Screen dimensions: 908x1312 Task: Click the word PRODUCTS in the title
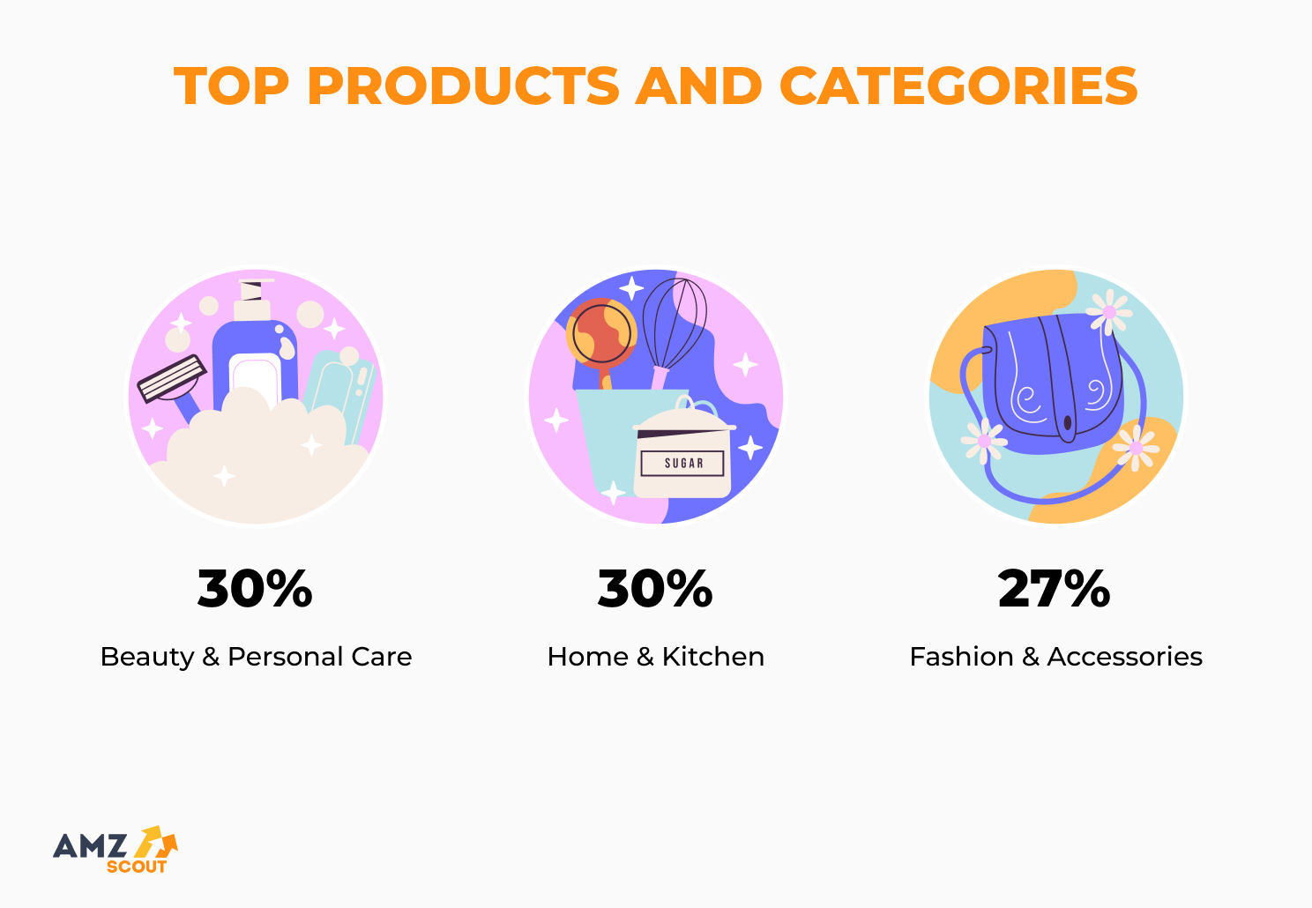463,86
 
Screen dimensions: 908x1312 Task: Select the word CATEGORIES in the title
958,86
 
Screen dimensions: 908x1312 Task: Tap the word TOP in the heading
231,86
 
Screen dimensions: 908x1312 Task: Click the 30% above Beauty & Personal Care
255,589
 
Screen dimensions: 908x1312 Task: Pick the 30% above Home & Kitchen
655,589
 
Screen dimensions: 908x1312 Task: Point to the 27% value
1055,589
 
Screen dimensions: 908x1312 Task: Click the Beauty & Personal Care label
256,657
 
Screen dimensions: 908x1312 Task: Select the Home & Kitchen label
655,657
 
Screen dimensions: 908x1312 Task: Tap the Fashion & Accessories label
1055,657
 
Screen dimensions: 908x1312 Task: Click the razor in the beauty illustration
172,379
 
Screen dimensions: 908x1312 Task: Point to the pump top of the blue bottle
253,296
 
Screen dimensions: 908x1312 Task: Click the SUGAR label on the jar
683,463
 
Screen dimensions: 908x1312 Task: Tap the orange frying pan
601,333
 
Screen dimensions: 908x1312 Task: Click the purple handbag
1054,379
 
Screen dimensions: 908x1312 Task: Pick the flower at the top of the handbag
1109,311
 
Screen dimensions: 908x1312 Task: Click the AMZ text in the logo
90,846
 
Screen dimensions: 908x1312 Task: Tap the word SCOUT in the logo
137,867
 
